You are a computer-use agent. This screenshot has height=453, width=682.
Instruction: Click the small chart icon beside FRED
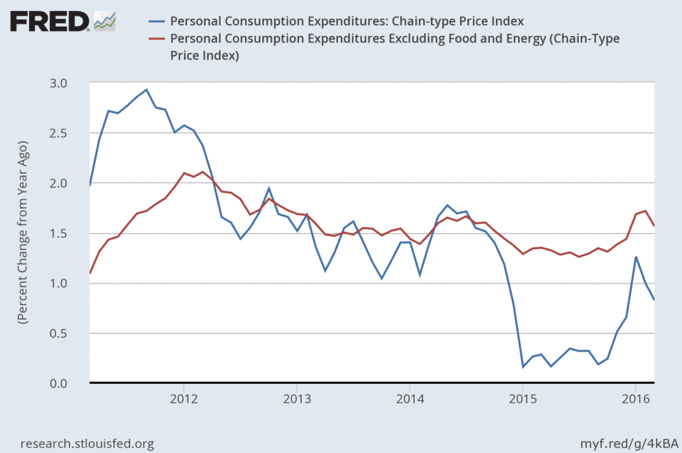(x=105, y=21)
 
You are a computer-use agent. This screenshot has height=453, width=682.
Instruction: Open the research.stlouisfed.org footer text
(x=87, y=443)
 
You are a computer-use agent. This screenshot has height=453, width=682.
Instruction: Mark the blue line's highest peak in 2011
(x=147, y=89)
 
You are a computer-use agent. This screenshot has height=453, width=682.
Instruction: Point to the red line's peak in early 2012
(x=203, y=172)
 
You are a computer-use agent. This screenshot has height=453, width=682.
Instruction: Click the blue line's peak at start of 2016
(x=636, y=257)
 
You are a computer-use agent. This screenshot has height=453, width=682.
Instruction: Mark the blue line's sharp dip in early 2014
(x=419, y=276)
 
